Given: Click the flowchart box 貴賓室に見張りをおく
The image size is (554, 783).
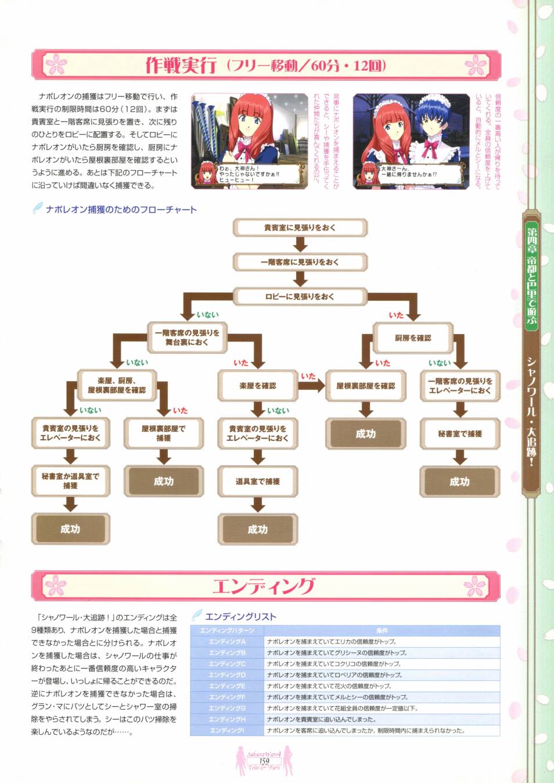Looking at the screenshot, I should [x=300, y=228].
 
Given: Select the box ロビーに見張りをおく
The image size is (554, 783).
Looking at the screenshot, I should [x=300, y=296].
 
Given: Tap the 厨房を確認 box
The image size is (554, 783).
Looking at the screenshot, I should [x=413, y=337].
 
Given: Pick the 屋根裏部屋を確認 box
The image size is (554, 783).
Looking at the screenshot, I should [x=365, y=386].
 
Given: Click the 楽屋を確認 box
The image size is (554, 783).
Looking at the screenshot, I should [x=258, y=386].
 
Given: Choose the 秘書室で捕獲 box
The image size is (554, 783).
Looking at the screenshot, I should [x=460, y=433].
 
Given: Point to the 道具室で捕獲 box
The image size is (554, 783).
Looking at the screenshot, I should [x=258, y=481].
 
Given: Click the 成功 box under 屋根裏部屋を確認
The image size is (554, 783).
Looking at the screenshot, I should [x=365, y=434].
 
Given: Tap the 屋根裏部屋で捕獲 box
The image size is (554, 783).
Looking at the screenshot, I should [x=164, y=433].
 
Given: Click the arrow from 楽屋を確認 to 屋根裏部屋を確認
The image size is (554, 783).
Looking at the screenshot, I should [x=311, y=385].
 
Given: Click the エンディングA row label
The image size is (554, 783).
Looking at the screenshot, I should [x=227, y=642].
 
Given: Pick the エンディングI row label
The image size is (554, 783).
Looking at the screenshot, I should [x=227, y=731].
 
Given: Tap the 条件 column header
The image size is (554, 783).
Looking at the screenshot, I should [x=382, y=630].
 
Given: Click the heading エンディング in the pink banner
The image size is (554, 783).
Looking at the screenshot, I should [x=264, y=586].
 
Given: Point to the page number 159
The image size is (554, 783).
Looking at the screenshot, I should [x=264, y=761].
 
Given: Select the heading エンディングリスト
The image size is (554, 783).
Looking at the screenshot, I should [x=240, y=617].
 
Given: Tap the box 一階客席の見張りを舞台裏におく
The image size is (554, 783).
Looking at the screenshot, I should [x=187, y=337].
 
